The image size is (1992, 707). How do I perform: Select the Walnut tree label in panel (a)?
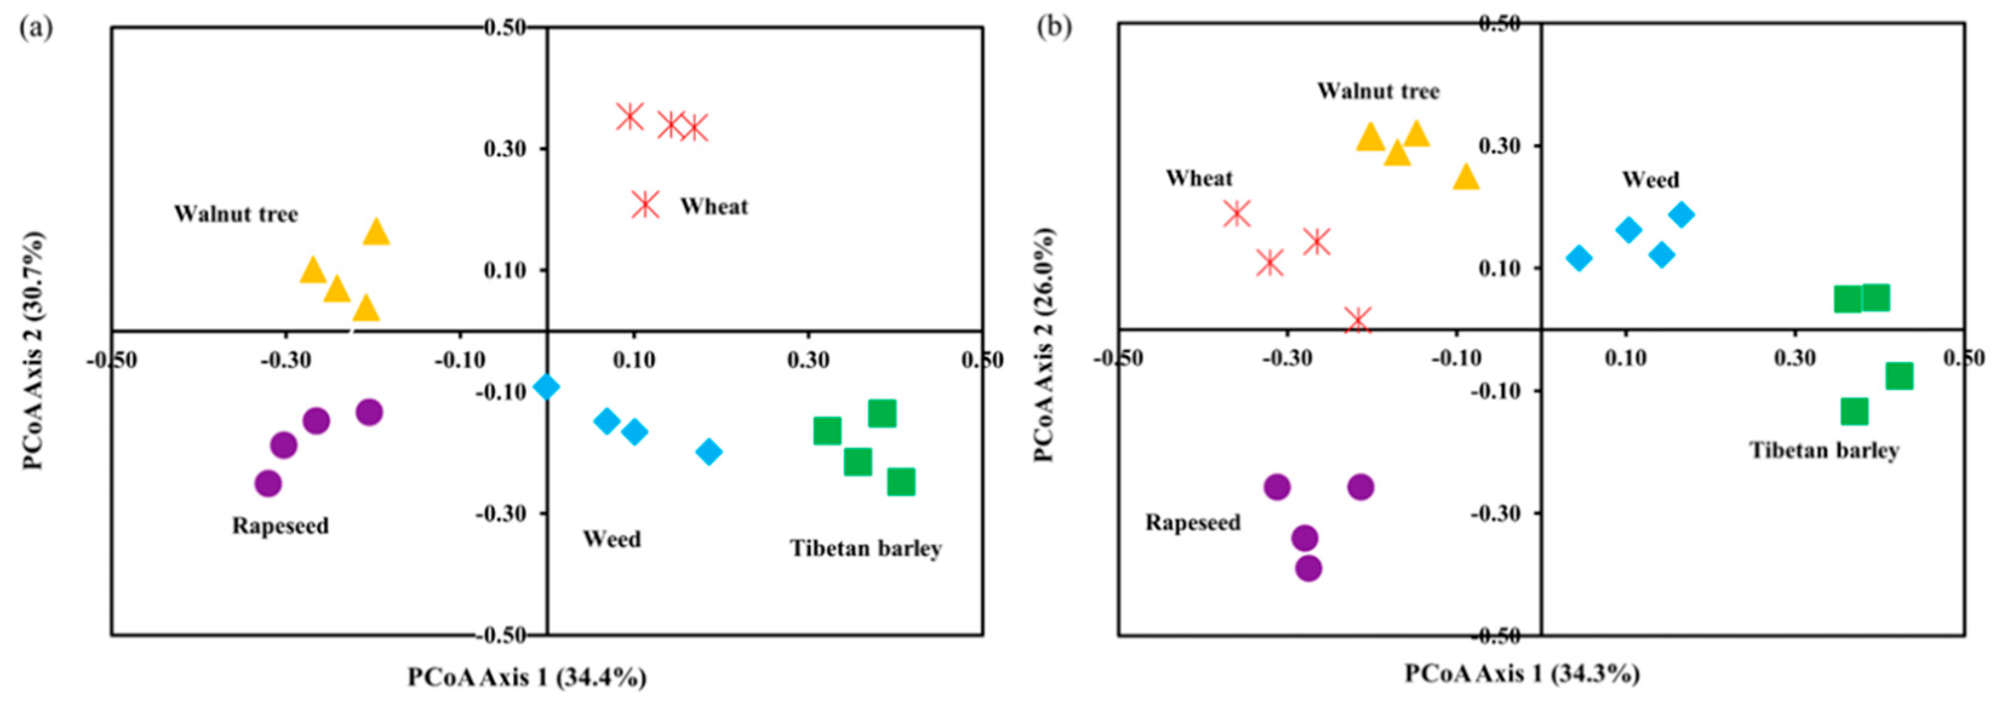(236, 214)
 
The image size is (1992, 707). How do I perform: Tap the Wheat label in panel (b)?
(1200, 179)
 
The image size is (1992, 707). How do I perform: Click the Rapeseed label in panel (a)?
(280, 526)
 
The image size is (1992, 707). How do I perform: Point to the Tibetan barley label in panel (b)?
(1824, 450)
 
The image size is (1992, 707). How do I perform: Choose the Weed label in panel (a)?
(612, 539)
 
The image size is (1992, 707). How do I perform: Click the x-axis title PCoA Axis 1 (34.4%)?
(528, 677)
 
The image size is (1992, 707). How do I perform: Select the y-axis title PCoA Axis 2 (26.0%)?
(1044, 344)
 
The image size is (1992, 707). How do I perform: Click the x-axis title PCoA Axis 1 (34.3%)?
(1522, 674)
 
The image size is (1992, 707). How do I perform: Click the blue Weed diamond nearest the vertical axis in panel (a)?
(546, 386)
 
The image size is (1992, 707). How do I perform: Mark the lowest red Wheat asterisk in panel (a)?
(645, 205)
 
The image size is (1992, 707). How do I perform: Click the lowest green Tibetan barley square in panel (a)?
(901, 482)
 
